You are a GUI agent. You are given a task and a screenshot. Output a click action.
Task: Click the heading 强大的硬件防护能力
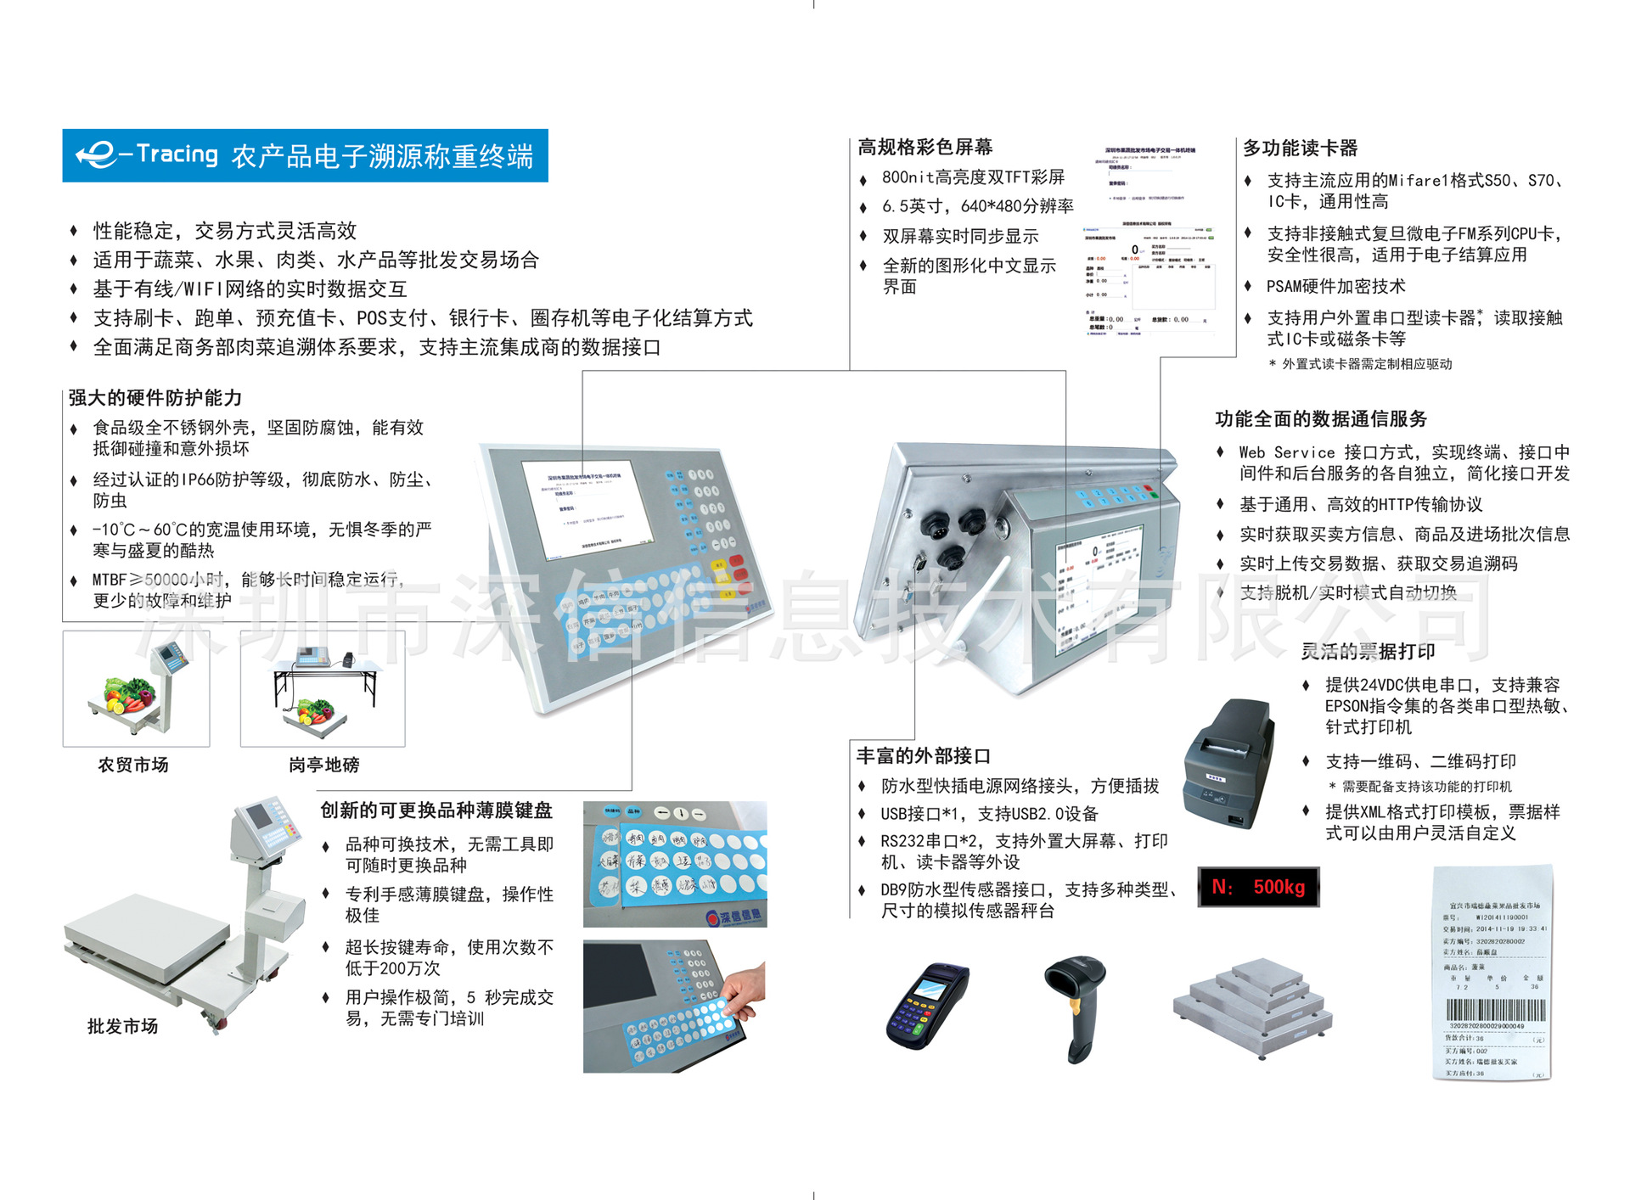click(x=155, y=398)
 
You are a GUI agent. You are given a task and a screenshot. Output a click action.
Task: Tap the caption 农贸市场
click(x=133, y=765)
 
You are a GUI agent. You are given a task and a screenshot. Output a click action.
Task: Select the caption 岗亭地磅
click(x=323, y=765)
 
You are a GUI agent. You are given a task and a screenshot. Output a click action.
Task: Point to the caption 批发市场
click(x=122, y=1026)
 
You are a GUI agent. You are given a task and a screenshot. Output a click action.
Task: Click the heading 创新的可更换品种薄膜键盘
click(x=436, y=810)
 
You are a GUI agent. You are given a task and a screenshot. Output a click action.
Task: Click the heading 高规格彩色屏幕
click(x=925, y=147)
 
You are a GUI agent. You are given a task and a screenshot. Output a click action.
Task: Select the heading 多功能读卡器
click(x=1300, y=148)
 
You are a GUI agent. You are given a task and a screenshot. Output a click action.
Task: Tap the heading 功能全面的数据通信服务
click(x=1320, y=418)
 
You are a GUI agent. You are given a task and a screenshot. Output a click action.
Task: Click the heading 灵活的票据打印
click(x=1367, y=651)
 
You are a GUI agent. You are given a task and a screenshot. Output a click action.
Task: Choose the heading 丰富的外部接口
click(x=923, y=755)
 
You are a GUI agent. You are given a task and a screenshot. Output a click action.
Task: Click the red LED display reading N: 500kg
click(x=1258, y=887)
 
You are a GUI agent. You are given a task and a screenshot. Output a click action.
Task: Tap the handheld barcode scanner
click(x=1077, y=1006)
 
